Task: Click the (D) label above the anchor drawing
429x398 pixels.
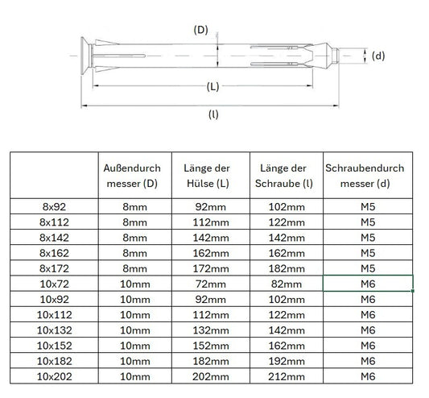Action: [201, 30]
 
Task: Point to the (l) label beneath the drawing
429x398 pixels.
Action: [213, 114]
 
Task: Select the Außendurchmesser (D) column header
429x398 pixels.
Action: [133, 176]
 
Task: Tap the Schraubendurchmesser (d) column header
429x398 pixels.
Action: [368, 176]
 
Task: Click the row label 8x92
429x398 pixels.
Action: [54, 207]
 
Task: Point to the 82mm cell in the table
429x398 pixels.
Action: [287, 284]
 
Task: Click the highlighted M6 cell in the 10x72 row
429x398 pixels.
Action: [368, 284]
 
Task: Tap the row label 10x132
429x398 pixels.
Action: [54, 329]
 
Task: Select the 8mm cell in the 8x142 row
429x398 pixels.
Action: [133, 238]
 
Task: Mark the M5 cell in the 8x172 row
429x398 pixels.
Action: [368, 268]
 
